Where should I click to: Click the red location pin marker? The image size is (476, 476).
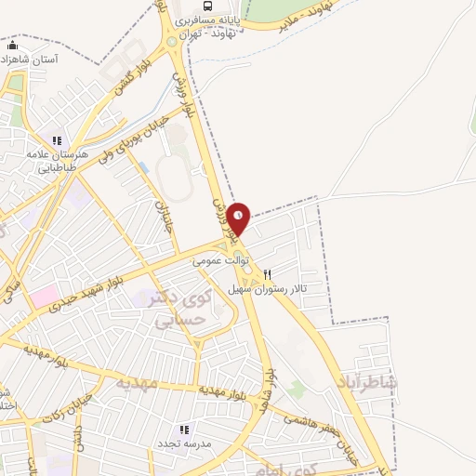[239, 218]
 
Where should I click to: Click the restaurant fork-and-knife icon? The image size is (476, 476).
[268, 274]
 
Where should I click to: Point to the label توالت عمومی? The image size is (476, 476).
[220, 263]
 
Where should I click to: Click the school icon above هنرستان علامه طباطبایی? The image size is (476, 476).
[57, 140]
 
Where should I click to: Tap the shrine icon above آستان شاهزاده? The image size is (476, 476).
[12, 46]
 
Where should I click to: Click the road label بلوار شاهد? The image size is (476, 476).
[270, 388]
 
